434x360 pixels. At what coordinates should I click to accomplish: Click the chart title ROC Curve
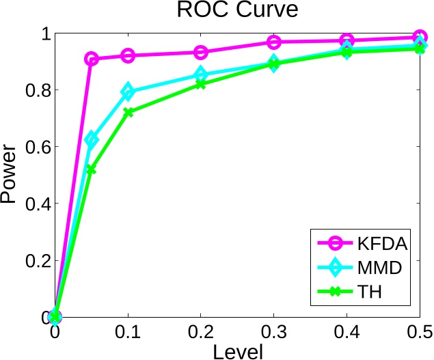pyautogui.click(x=237, y=12)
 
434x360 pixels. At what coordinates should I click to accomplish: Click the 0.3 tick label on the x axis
pyautogui.click(x=274, y=333)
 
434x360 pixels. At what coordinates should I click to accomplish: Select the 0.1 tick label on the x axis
pyautogui.click(x=128, y=333)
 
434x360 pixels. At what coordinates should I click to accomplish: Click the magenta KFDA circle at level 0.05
pyautogui.click(x=92, y=59)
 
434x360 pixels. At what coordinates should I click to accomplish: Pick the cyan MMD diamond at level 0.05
pyautogui.click(x=92, y=139)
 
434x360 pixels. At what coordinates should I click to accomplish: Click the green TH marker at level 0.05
pyautogui.click(x=92, y=169)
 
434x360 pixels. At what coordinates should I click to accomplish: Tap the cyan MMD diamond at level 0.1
pyautogui.click(x=128, y=92)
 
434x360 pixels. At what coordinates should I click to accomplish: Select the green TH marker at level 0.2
pyautogui.click(x=201, y=84)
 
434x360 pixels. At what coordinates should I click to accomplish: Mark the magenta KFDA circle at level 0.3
pyautogui.click(x=274, y=42)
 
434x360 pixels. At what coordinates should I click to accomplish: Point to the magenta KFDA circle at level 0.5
pyautogui.click(x=420, y=37)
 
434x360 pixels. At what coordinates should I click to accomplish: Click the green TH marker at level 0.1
pyautogui.click(x=128, y=112)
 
